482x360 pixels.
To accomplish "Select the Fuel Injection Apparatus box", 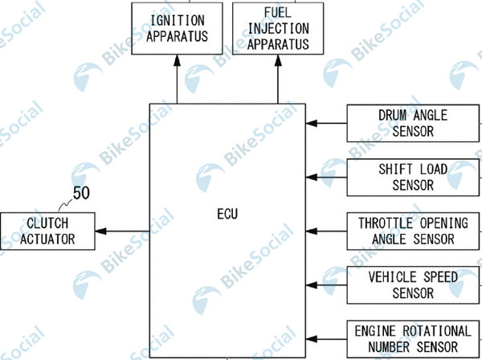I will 278,28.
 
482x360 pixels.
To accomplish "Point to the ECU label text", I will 228,215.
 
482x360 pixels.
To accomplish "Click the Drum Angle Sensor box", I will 413,123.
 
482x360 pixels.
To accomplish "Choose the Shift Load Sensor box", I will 413,178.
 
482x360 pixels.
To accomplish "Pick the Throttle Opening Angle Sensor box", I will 413,231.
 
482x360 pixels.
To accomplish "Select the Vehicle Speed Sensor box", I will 413,284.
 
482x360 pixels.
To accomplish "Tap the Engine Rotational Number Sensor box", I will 413,338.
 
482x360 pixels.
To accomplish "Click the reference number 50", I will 81,193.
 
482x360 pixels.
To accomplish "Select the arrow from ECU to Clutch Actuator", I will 125,231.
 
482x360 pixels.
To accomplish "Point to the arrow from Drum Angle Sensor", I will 328,123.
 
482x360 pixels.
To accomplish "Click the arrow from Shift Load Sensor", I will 328,178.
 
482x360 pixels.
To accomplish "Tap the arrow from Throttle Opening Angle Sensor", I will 328,231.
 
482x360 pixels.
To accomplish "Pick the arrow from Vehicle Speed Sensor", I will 328,284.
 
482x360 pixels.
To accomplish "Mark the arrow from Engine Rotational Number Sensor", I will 328,338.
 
